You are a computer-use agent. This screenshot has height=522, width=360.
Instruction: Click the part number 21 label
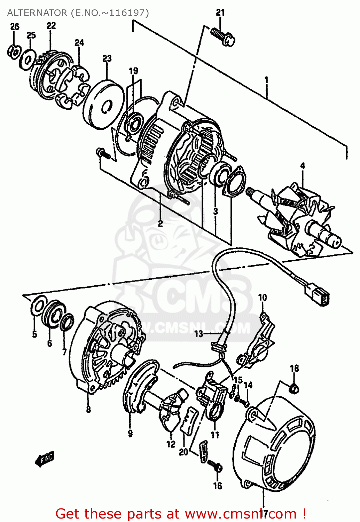pos(220,13)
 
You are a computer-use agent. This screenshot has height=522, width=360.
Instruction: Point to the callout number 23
pos(107,58)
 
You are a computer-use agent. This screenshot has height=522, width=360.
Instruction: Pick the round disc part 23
pos(104,104)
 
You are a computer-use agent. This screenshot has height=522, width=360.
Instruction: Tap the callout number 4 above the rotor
pos(303,166)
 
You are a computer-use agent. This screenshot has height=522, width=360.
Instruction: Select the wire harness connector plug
pos(320,296)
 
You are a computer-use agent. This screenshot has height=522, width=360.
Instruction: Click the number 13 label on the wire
pos(198,334)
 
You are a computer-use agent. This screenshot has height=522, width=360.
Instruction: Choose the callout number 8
pos(88,409)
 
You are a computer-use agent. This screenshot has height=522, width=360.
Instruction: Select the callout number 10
pos(262,298)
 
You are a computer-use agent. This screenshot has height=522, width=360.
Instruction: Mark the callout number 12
pos(171,444)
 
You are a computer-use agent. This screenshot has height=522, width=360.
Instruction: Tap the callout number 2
pos(160,223)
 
